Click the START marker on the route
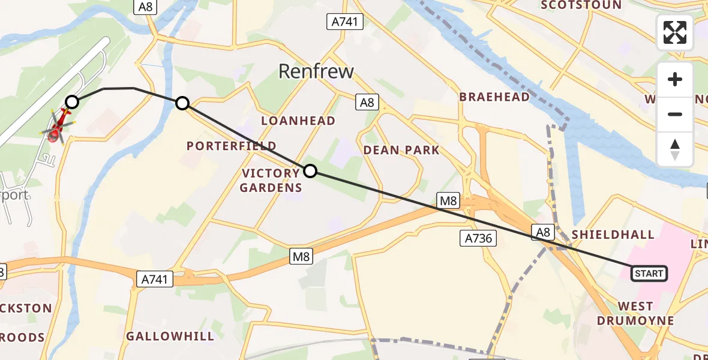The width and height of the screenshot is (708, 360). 649,274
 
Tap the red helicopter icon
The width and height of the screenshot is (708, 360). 58,127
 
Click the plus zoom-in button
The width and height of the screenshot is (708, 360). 675,80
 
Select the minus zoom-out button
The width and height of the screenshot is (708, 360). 675,114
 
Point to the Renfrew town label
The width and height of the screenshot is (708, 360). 316,71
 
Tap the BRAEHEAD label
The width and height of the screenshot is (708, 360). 494,97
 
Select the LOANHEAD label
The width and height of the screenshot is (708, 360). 298,121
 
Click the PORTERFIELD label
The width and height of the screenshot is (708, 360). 232,146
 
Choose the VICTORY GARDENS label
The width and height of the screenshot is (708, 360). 271,180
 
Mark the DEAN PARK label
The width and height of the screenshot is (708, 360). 401,150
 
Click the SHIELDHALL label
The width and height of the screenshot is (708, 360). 613,234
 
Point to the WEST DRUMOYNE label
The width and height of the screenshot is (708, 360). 635,313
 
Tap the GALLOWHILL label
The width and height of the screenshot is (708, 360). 170,336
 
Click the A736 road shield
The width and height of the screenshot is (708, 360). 478,238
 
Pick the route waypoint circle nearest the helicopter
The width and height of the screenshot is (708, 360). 72,102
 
